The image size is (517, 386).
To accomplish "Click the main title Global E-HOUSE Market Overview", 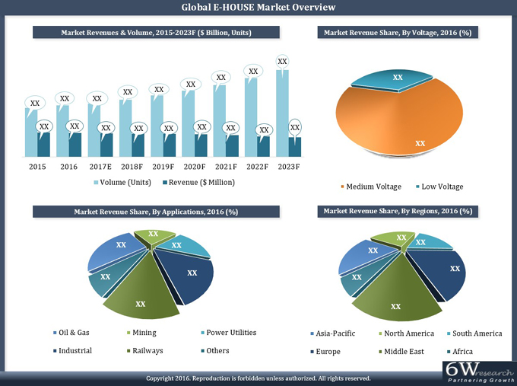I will coord(258,8).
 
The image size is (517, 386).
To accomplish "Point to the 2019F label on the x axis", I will coord(163,167).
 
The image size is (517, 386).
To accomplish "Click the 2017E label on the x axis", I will coord(100,167).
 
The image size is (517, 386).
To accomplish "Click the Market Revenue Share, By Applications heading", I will coord(155,211).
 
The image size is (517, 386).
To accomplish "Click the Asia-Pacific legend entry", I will coord(335,333).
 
